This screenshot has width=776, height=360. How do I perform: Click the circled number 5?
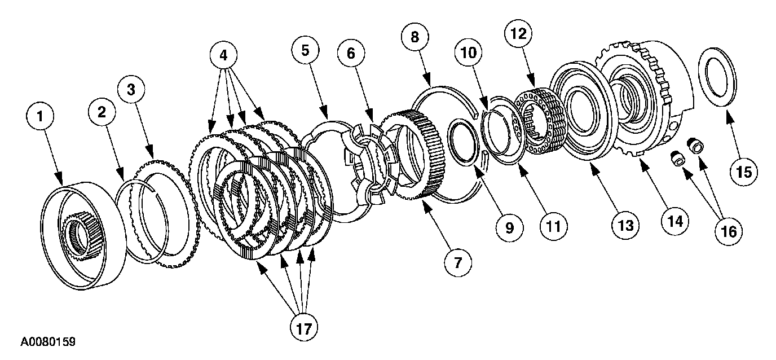coord(305,51)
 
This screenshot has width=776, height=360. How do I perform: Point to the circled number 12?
coord(518,33)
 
